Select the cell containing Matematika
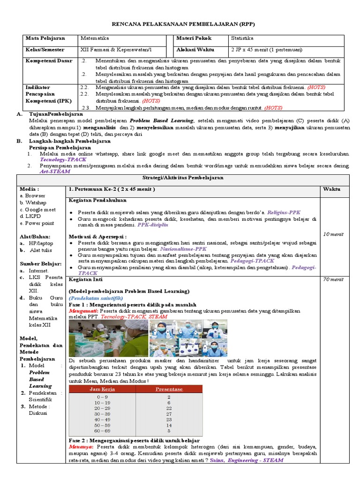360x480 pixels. (95, 38)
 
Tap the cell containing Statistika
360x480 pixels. (242, 38)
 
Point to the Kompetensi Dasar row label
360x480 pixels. (45, 61)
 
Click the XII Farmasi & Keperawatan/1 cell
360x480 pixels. (116, 50)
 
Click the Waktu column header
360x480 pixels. (332, 189)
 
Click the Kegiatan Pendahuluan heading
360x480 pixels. (97, 200)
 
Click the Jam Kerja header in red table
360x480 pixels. (102, 389)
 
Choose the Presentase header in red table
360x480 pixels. (169, 389)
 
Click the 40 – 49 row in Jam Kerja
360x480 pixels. (102, 420)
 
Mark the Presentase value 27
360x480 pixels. (169, 414)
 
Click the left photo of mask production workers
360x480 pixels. (108, 338)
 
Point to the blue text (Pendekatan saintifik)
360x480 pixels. (96, 298)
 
